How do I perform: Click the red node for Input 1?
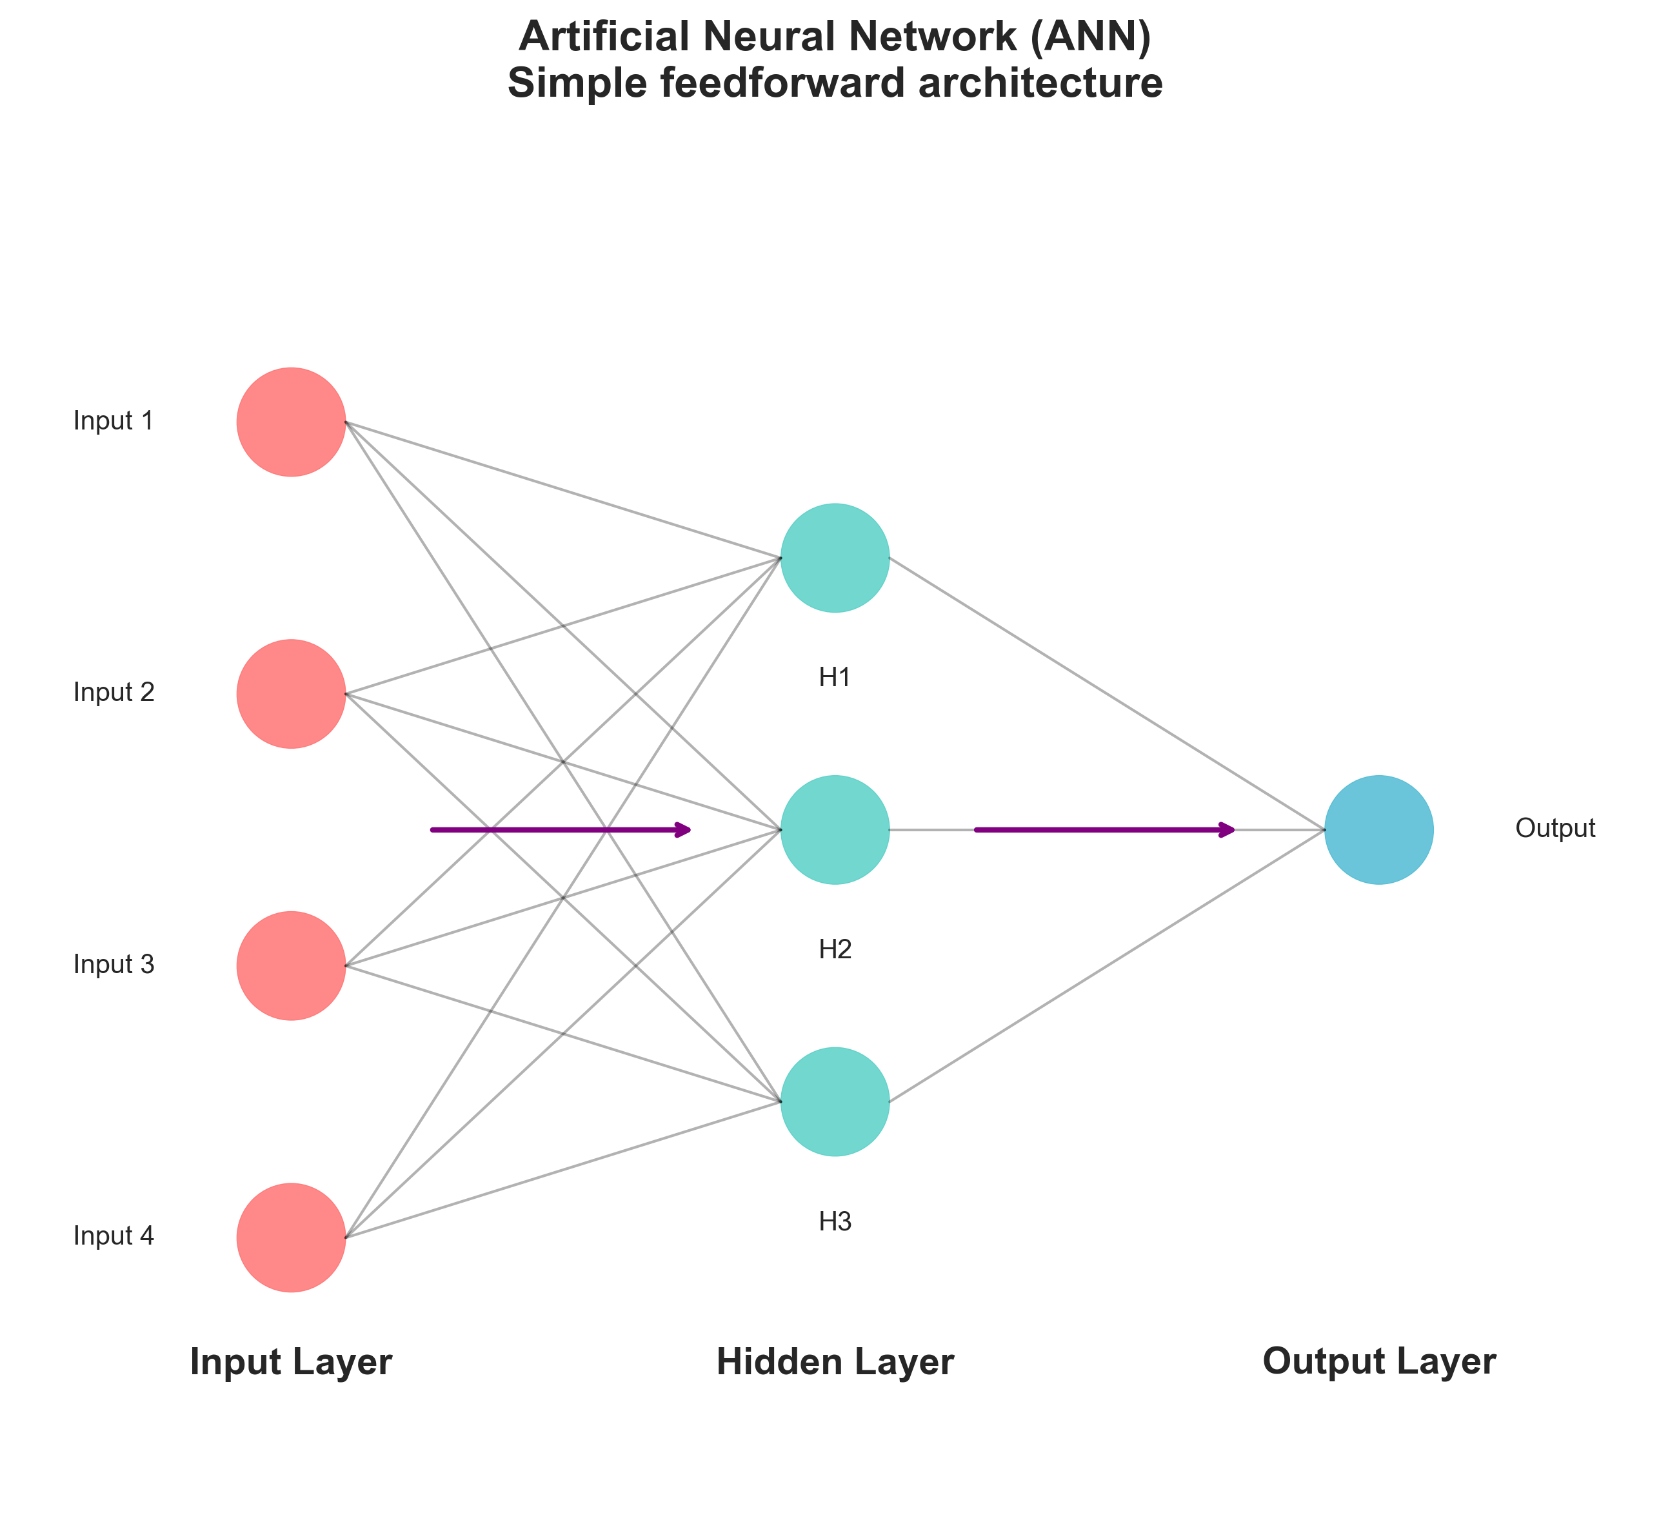[x=291, y=422]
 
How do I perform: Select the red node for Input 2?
[x=291, y=694]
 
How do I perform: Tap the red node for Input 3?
[x=291, y=966]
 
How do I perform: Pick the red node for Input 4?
[x=291, y=1238]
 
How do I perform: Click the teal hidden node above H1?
[x=835, y=557]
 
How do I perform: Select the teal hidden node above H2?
[x=835, y=830]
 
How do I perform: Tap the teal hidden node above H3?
[x=835, y=1101]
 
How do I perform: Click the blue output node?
[x=1379, y=830]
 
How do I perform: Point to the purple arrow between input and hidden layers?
[x=561, y=829]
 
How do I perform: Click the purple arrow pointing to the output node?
[x=1105, y=829]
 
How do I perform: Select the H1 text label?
[x=835, y=678]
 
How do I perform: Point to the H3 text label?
[x=835, y=1221]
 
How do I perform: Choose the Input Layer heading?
[x=291, y=1363]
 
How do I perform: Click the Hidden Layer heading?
[x=835, y=1363]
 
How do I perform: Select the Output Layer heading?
[x=1379, y=1363]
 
